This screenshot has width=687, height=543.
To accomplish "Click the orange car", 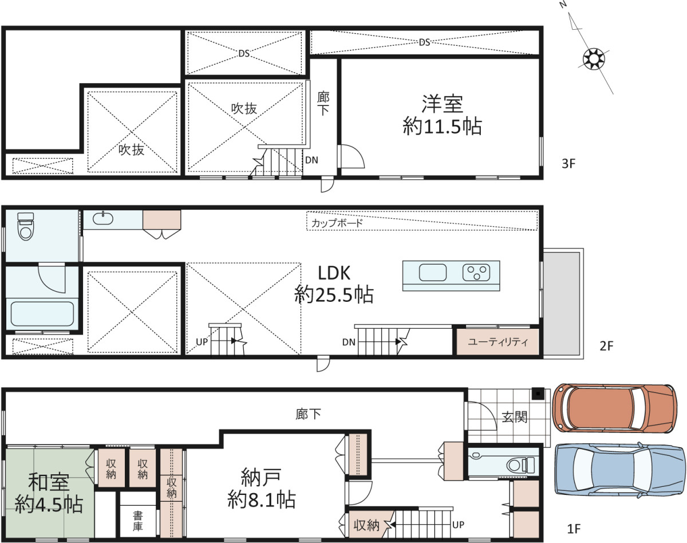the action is click(x=615, y=408).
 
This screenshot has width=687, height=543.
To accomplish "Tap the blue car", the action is click(x=620, y=470).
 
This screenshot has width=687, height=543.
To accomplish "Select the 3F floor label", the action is click(x=568, y=164).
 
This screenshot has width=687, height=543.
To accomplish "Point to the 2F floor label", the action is click(x=606, y=345).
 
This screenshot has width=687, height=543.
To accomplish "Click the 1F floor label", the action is click(x=574, y=529).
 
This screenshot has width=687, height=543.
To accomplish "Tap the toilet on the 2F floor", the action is click(x=26, y=226).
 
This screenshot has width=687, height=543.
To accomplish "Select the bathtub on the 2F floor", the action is click(x=42, y=314).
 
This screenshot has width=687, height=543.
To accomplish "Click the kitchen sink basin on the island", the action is click(x=433, y=273).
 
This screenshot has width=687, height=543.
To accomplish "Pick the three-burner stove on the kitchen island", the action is click(x=476, y=273).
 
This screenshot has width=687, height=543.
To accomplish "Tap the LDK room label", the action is click(x=334, y=273).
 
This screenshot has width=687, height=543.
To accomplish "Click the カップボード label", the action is click(x=337, y=223).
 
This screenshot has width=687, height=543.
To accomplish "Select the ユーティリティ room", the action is click(x=498, y=342).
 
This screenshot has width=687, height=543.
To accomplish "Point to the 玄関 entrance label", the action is click(x=514, y=417).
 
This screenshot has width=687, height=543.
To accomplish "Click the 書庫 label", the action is click(x=138, y=521).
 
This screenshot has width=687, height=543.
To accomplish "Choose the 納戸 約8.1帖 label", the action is click(x=262, y=488).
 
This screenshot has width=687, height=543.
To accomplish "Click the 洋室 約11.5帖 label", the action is click(x=442, y=115).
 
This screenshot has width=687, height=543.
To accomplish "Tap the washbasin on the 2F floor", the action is click(x=103, y=218).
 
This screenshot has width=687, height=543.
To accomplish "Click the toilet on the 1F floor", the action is click(x=521, y=465).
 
